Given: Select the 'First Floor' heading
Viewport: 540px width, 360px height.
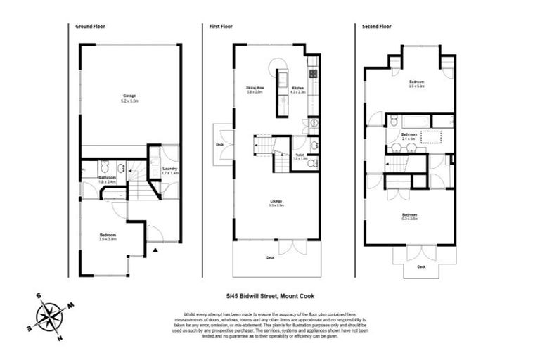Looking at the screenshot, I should click(x=220, y=26).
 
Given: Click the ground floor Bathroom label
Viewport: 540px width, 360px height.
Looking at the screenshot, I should click(x=107, y=179).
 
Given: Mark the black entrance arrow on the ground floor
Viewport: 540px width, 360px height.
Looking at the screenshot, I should click(x=156, y=249).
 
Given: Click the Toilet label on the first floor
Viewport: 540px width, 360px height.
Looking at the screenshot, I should click(x=300, y=155).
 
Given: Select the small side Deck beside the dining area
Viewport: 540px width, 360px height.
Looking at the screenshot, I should click(x=219, y=144).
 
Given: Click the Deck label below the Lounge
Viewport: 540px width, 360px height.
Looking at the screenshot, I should click(x=271, y=258).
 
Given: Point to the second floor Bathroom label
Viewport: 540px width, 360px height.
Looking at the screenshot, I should click(x=409, y=135).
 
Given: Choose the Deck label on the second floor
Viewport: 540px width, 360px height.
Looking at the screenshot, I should click(x=421, y=267).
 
